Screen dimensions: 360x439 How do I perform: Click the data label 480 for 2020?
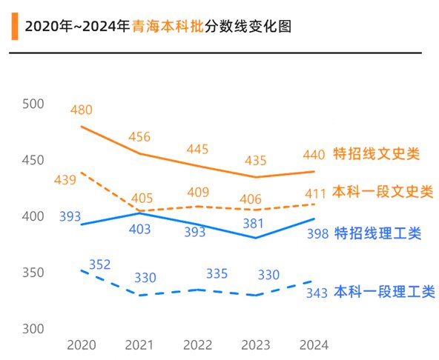pos(82,110)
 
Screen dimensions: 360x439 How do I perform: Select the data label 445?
pos(197,149)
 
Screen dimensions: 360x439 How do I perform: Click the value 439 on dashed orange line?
pos(65,179)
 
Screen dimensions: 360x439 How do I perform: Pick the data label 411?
pos(314,193)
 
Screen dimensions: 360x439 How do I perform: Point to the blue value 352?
pos(99,264)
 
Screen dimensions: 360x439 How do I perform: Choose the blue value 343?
pos(317,293)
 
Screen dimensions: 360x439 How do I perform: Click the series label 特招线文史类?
pos(377,155)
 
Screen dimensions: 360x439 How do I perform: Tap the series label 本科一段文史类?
pos(383,191)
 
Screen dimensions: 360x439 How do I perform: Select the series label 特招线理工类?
pos(378,233)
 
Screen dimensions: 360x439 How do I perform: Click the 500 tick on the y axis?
pos(34,104)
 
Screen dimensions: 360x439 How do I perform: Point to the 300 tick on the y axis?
pos(34,329)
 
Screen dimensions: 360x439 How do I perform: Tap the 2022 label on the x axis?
pos(197,345)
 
